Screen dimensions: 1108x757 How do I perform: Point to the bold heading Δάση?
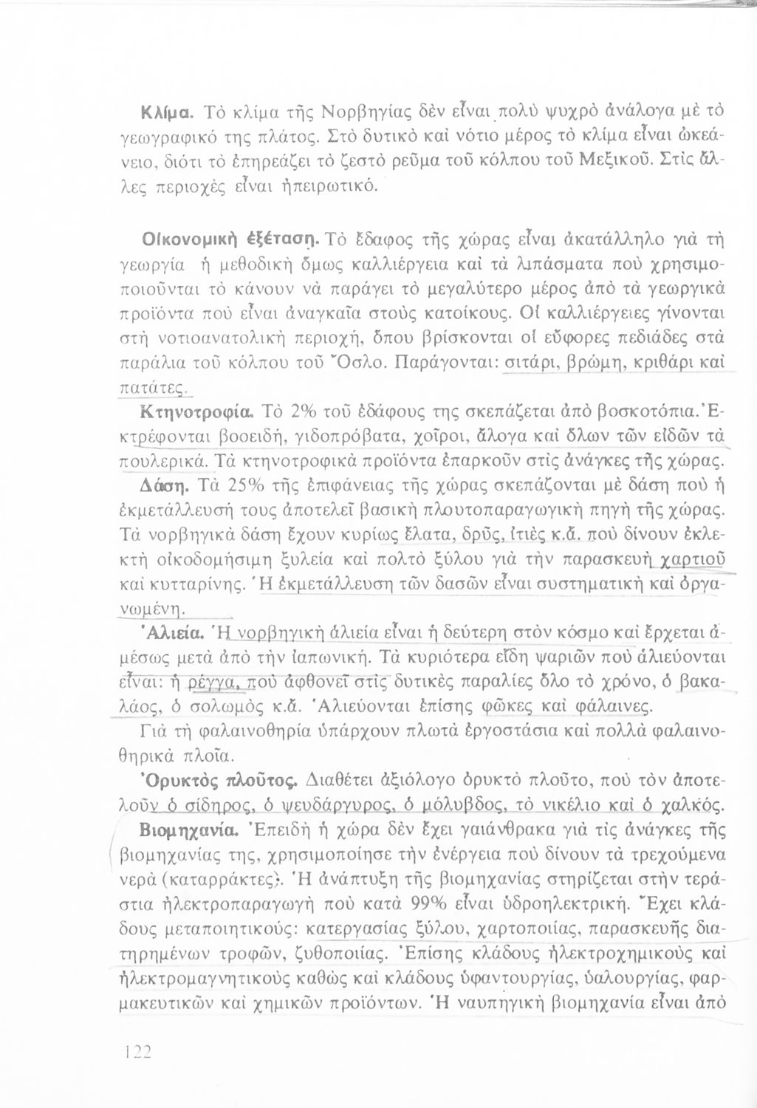[166, 485]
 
